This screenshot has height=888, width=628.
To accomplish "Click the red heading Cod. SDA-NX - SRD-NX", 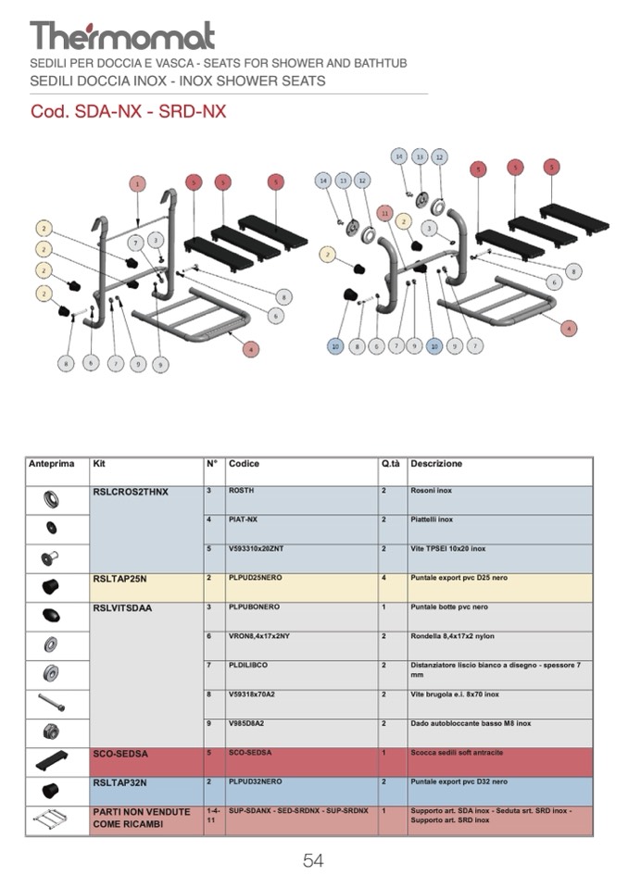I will (128, 112).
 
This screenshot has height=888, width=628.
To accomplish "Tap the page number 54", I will (313, 860).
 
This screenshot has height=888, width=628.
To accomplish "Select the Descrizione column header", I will (435, 464).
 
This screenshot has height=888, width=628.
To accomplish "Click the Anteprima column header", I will (52, 464).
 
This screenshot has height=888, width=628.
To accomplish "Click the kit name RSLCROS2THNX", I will (131, 492).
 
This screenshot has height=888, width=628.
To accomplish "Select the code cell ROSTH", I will (241, 491).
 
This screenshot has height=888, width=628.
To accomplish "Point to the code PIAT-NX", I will (245, 519).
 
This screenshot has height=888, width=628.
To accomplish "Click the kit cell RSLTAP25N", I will (119, 578).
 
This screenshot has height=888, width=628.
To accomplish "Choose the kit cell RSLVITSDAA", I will (122, 608).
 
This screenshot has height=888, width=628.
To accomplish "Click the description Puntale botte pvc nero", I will (450, 607).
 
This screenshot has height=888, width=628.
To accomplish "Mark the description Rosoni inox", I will (431, 491).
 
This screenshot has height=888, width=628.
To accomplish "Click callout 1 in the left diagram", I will (137, 183).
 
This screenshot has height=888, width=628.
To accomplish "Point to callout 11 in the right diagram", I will (385, 213).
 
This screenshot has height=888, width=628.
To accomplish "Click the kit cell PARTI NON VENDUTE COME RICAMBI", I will (142, 818).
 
